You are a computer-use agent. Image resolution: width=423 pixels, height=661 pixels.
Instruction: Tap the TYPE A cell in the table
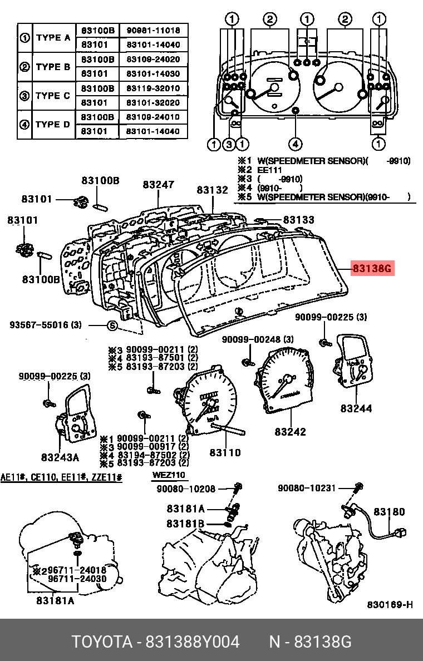pyautogui.click(x=53, y=38)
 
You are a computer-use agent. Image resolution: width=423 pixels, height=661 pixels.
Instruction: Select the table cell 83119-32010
pyautogui.click(x=153, y=88)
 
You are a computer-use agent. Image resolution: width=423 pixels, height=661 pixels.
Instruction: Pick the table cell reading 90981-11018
pyautogui.click(x=153, y=30)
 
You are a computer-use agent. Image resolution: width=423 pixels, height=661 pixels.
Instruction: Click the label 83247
pyautogui.click(x=158, y=185)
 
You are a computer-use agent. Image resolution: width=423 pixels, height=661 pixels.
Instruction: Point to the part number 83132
pyautogui.click(x=212, y=190)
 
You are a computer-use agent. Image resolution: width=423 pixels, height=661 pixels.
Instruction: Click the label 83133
pyautogui.click(x=299, y=220)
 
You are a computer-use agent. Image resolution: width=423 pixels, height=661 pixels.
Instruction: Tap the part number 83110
pyautogui.click(x=225, y=452)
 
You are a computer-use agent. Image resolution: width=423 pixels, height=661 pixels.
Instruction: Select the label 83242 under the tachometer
pyautogui.click(x=290, y=431)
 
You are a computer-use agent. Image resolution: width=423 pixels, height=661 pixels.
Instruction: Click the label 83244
pyautogui.click(x=356, y=408)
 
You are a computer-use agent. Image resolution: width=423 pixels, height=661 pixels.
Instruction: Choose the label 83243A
pyautogui.click(x=60, y=457)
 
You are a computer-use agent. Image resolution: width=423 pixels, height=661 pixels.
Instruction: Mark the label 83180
pyautogui.click(x=389, y=512)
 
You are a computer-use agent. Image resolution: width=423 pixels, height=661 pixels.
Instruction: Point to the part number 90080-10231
pyautogui.click(x=307, y=488)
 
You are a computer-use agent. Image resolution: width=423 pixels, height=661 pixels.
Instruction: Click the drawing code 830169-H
pyautogui.click(x=389, y=605)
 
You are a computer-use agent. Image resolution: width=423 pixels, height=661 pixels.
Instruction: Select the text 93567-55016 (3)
pyautogui.click(x=46, y=324)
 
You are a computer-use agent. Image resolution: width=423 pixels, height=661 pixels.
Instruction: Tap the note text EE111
pyautogui.click(x=269, y=170)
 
